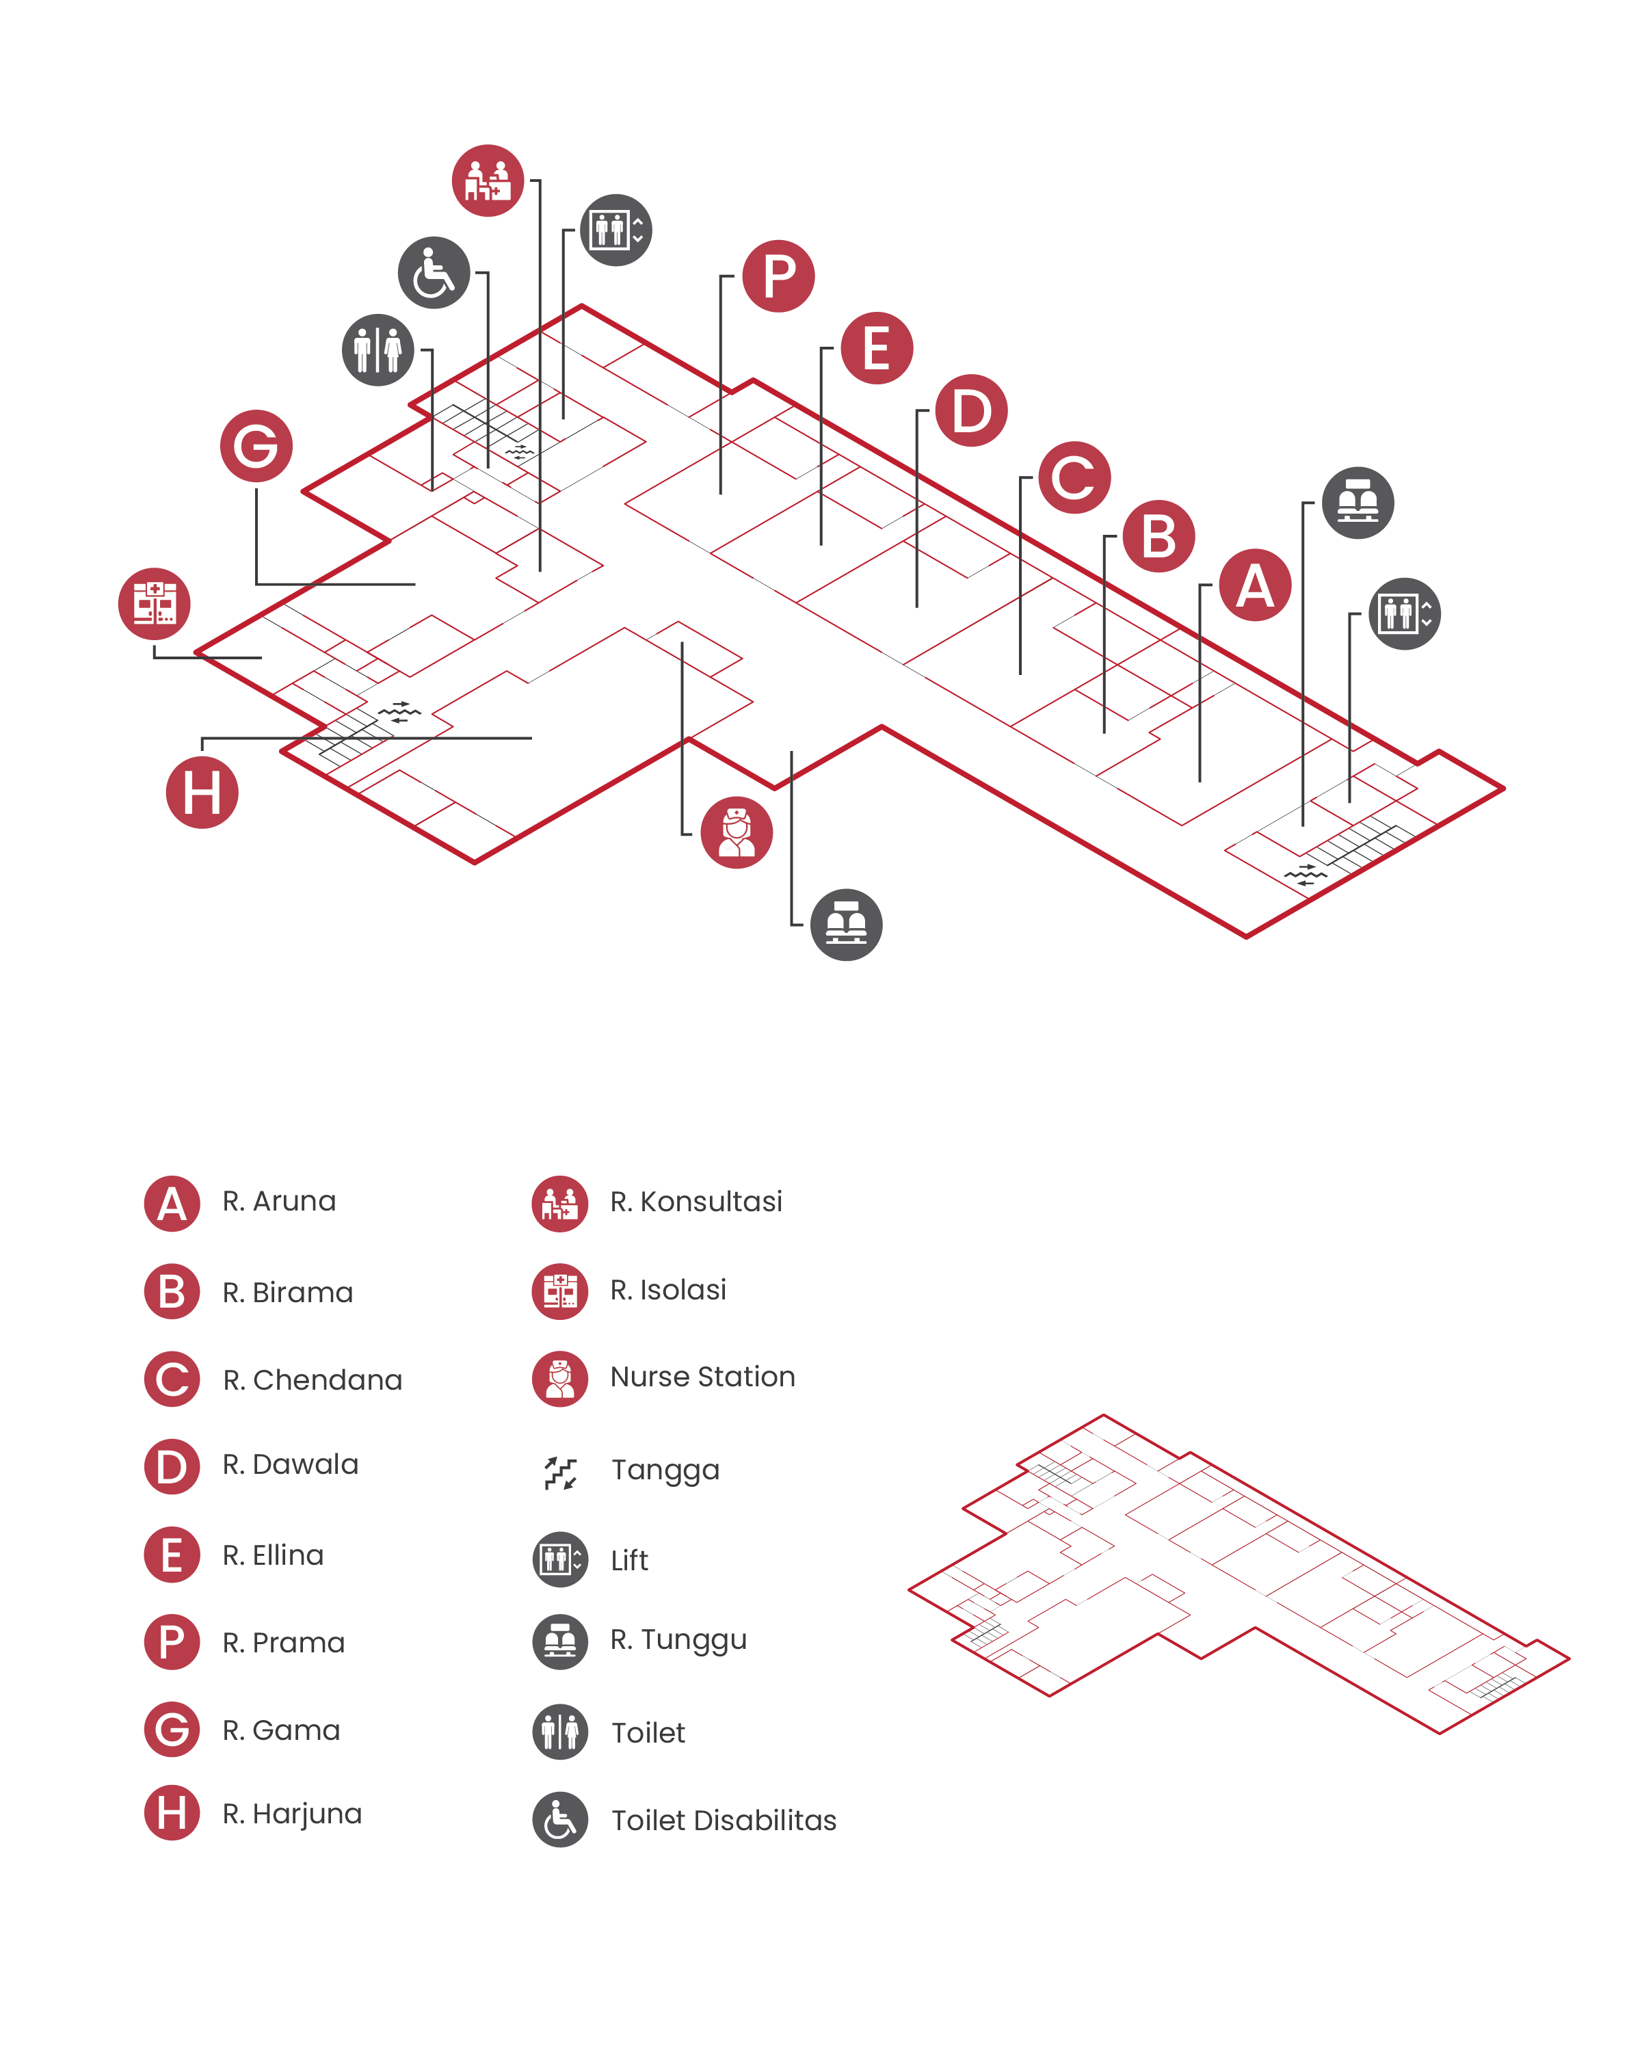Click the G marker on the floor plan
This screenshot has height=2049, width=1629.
pos(256,446)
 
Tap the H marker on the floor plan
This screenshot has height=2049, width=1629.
pos(202,792)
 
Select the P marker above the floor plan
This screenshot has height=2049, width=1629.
pos(778,276)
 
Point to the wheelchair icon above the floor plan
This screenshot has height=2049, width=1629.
pos(434,273)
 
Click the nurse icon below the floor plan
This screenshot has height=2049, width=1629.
pos(737,832)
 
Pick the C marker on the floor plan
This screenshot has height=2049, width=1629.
pos(1074,477)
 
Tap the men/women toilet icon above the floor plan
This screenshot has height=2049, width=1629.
pos(378,349)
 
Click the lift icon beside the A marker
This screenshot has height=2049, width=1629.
pos(1405,614)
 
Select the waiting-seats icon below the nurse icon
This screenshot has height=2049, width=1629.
pos(846,925)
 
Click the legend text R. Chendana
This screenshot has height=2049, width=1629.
pos(313,1380)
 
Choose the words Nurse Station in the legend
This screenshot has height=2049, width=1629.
pos(702,1377)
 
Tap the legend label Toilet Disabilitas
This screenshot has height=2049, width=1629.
pos(724,1820)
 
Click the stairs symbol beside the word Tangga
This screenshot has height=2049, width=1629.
pos(560,1472)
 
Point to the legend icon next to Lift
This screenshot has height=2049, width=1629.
pos(560,1559)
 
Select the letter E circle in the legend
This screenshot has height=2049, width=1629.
pos(172,1555)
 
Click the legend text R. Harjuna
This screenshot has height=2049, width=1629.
pos(292,1814)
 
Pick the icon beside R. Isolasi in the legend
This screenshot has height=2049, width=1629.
pos(560,1291)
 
